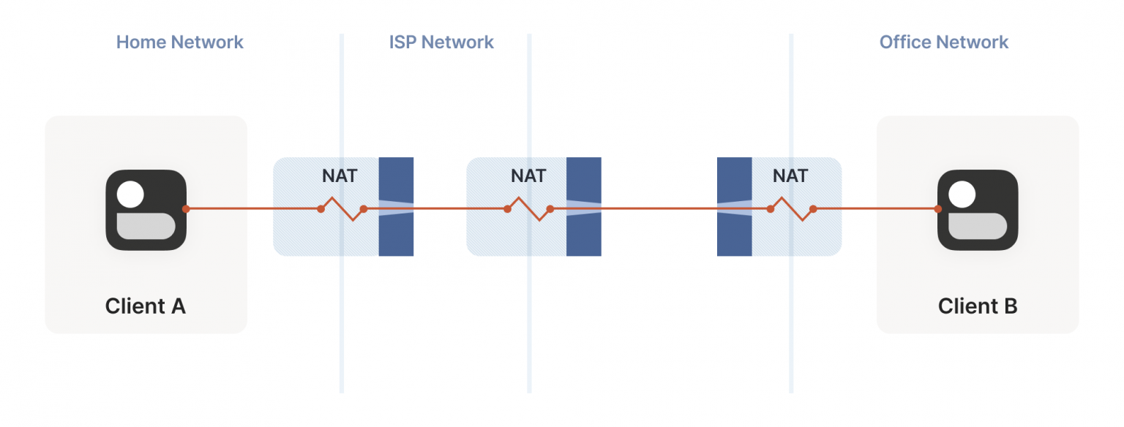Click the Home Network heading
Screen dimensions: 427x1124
(x=179, y=42)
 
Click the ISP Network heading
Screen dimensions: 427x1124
(x=441, y=42)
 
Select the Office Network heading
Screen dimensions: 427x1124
(x=943, y=42)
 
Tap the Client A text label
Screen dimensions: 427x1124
(x=146, y=306)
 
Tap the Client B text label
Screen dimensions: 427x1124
(x=978, y=306)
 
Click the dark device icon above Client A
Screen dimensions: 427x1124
(x=146, y=210)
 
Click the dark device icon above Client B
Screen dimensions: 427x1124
(x=978, y=210)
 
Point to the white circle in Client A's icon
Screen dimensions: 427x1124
(x=130, y=194)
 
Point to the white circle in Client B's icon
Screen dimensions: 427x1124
(x=962, y=194)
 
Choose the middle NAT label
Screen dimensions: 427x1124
(x=528, y=176)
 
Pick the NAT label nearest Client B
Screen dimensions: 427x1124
(x=790, y=176)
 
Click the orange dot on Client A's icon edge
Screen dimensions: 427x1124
(x=186, y=209)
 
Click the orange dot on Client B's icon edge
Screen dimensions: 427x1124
(x=937, y=209)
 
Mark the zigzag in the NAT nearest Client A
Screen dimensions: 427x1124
(x=342, y=208)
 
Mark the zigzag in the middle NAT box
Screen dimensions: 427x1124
(x=528, y=208)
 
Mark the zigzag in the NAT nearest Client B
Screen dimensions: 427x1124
(x=791, y=208)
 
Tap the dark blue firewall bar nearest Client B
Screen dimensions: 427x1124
(x=734, y=234)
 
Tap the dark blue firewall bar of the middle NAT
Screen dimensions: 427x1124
(x=583, y=234)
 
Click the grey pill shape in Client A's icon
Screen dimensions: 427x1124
(x=146, y=227)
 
